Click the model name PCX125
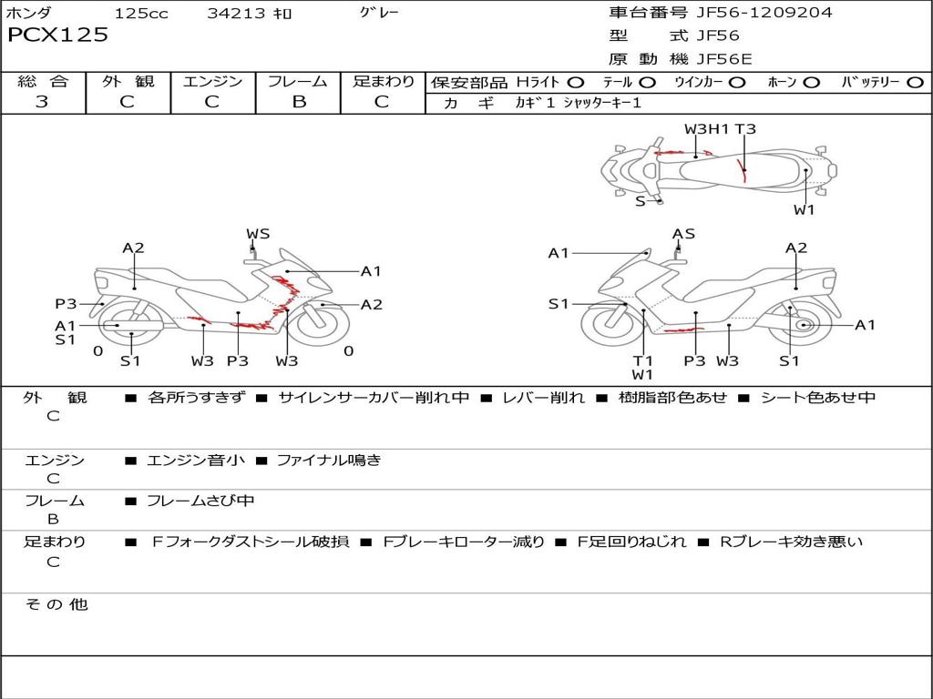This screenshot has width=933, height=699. [x=57, y=35]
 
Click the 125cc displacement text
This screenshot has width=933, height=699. [x=141, y=13]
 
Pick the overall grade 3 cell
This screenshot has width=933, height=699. [x=42, y=102]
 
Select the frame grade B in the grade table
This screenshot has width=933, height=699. [x=298, y=102]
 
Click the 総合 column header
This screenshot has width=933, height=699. [x=43, y=81]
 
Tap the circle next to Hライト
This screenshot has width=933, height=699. [x=576, y=82]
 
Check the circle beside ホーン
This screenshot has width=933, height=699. [x=811, y=82]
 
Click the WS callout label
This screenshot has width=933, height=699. [x=258, y=234]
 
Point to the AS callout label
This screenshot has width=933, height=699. [x=683, y=234]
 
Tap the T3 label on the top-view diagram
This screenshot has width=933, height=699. [x=745, y=128]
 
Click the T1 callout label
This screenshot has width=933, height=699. [x=643, y=360]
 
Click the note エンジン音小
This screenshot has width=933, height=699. [x=196, y=461]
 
